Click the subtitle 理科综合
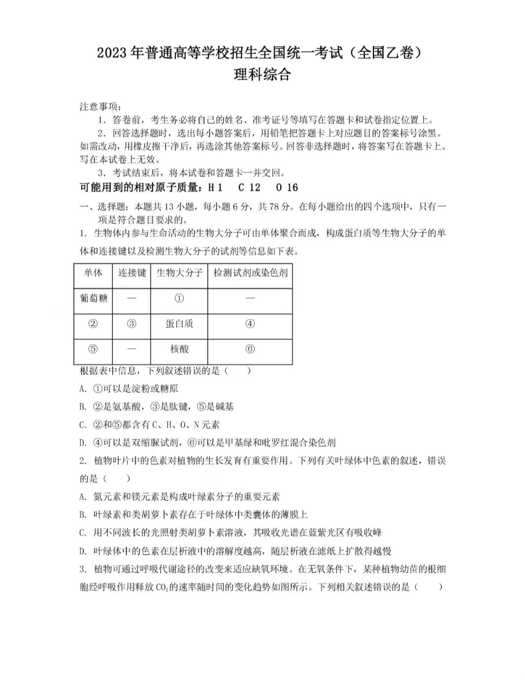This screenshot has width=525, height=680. coord(262,74)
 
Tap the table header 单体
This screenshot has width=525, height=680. coord(93,273)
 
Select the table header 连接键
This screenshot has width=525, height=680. coord(132,273)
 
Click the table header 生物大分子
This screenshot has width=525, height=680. coord(179,273)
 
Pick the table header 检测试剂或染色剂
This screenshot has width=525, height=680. coord(250,273)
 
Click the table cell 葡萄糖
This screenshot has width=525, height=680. coord(93,298)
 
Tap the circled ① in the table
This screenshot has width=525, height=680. coord(179,298)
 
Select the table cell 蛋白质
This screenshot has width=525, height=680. coord(179,324)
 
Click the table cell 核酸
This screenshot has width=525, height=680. coord(179,349)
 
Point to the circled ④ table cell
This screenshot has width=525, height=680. coord(250,324)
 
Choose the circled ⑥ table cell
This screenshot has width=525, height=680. coord(250,349)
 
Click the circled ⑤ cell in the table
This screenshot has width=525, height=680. coord(93,349)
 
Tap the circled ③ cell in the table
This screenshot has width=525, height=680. coord(131,324)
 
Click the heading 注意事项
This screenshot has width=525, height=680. coord(100,106)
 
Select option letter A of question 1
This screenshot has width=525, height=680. coord(83,389)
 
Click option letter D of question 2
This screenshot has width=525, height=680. coord(83,551)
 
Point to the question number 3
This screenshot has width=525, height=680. coord(83,569)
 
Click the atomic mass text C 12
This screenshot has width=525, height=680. coord(249,188)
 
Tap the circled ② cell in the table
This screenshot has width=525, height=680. coord(93,324)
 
